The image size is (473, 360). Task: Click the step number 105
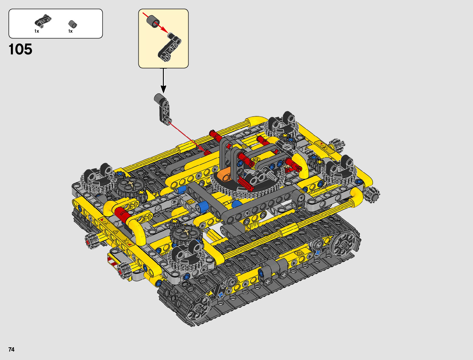[21, 49]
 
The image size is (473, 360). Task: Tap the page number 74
[11, 349]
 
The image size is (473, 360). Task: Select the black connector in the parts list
[43, 21]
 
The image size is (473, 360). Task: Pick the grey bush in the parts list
[73, 24]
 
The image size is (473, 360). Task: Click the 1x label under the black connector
[37, 31]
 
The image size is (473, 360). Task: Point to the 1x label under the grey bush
[70, 31]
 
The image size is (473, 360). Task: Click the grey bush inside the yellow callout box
[153, 21]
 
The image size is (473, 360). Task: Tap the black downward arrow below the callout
[163, 81]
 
